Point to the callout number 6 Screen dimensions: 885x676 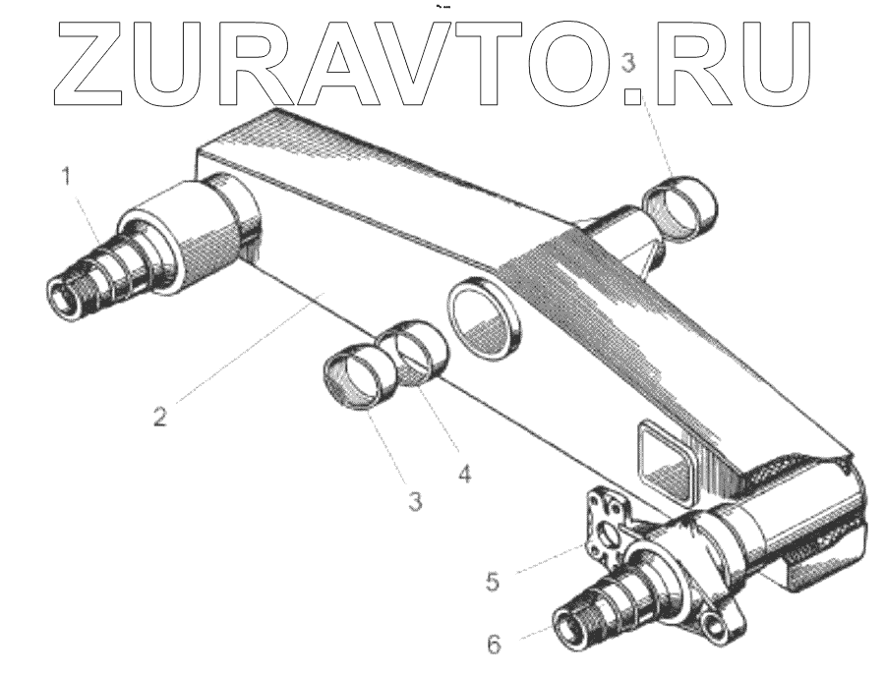495,645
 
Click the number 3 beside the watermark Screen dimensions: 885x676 630,68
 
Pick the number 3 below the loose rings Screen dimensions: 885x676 416,500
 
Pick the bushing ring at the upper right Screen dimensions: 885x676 679,202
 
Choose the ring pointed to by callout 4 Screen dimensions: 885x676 414,349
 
